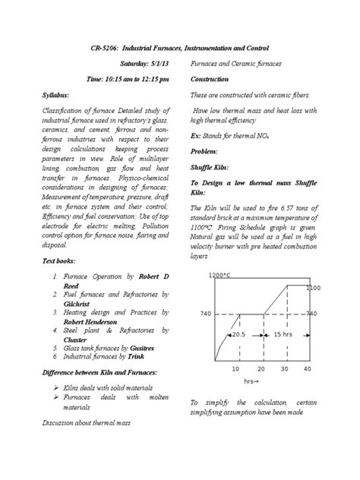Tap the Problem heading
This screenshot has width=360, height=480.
pos(204,152)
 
